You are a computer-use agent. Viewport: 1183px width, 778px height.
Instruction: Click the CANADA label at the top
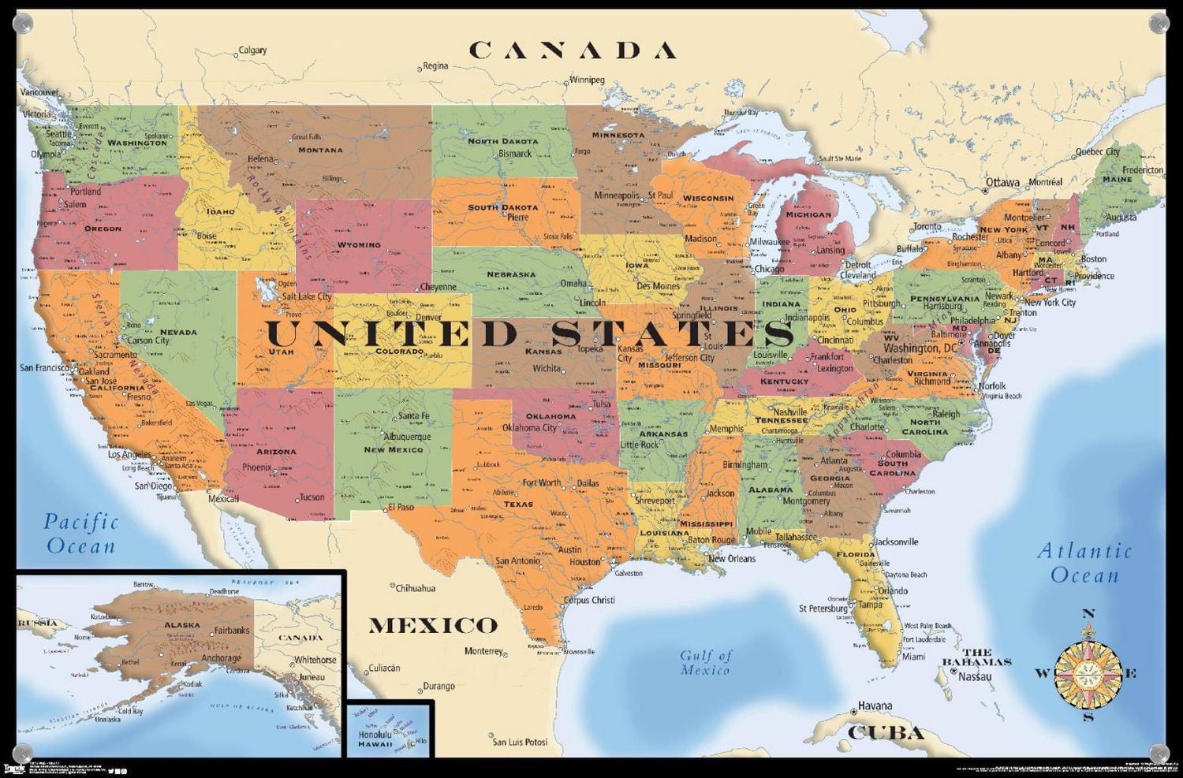click(573, 50)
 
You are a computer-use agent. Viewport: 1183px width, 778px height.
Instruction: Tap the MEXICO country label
click(433, 626)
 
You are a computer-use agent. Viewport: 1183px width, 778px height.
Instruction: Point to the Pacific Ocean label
click(80, 533)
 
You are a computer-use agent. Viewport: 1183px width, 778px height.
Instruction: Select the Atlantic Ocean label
click(1084, 563)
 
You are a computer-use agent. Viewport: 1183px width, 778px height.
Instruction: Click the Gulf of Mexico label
click(706, 662)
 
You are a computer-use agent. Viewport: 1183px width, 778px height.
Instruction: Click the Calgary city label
click(252, 50)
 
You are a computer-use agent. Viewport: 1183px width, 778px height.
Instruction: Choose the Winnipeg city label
click(586, 80)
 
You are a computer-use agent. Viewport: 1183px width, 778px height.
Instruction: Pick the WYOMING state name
click(359, 245)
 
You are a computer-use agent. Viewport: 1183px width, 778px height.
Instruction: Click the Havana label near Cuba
click(875, 705)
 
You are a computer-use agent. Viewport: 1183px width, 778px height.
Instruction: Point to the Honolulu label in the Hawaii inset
click(375, 735)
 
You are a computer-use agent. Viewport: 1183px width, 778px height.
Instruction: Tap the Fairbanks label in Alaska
click(232, 631)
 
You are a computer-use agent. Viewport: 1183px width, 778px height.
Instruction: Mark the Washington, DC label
click(920, 348)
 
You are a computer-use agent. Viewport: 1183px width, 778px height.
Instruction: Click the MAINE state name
click(1118, 179)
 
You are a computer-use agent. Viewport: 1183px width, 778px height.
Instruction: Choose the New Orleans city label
click(731, 559)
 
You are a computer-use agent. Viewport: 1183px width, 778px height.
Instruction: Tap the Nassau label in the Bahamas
click(975, 676)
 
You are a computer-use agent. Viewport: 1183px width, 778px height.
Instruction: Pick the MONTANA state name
click(320, 150)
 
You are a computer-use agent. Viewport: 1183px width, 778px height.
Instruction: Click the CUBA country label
click(886, 733)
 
